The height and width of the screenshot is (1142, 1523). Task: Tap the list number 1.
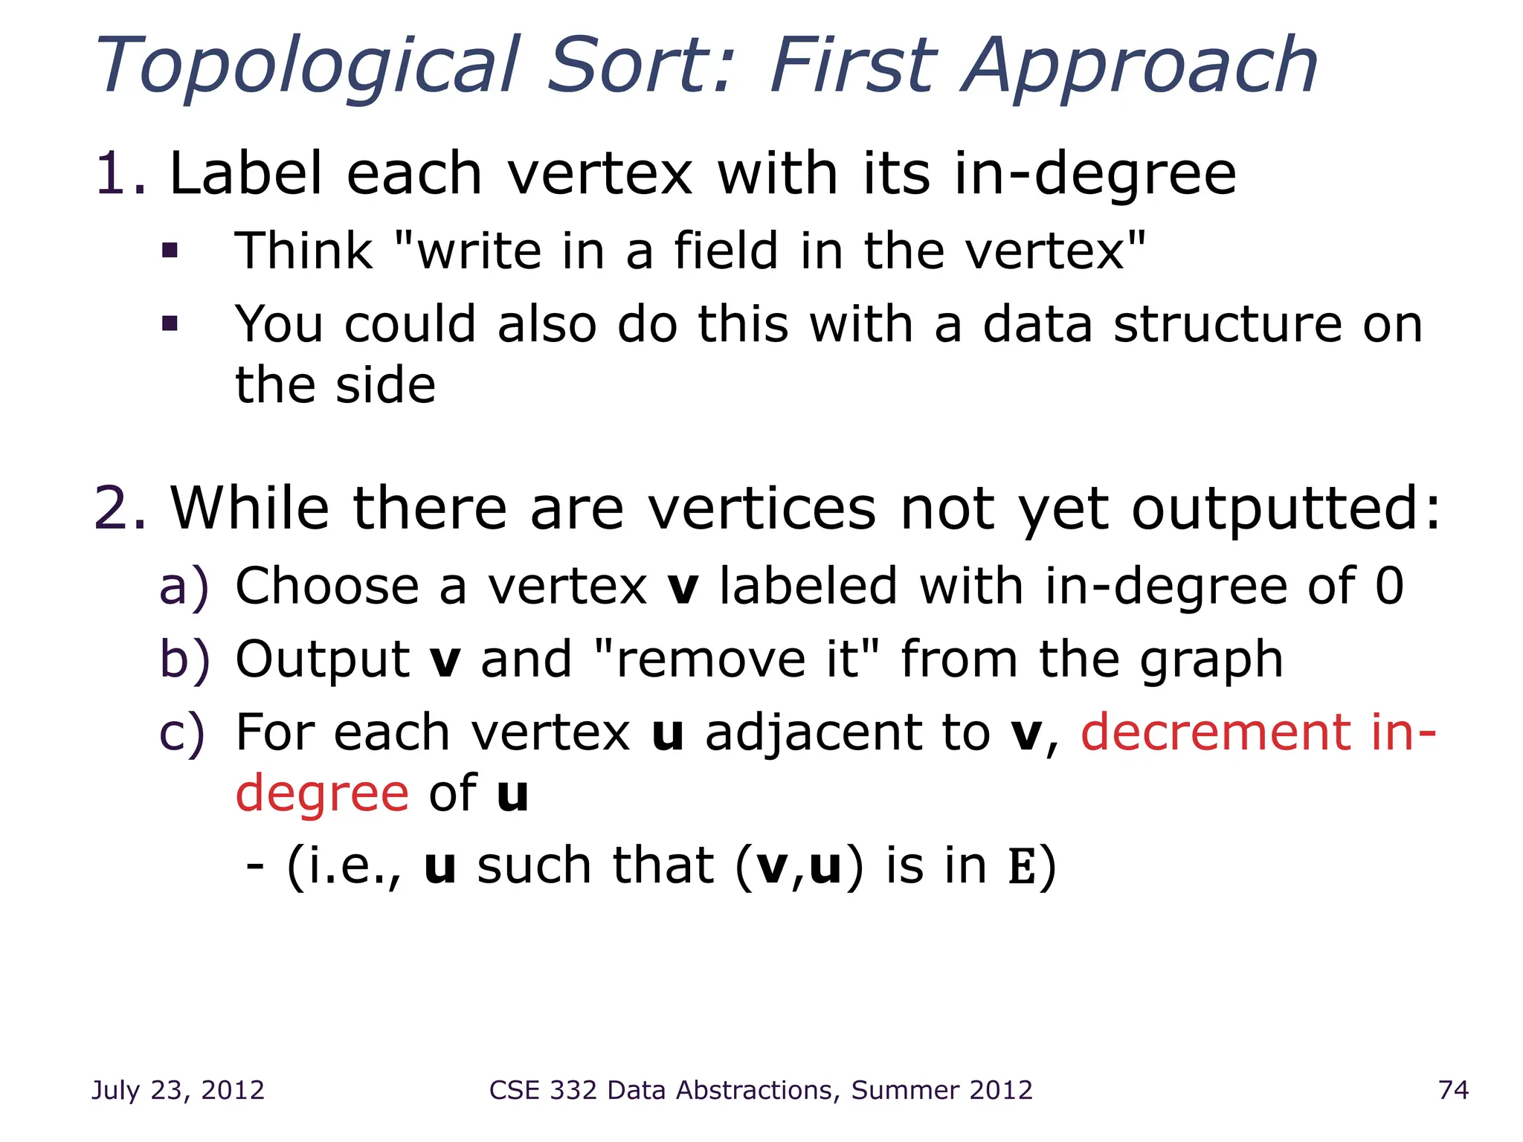pyautogui.click(x=119, y=174)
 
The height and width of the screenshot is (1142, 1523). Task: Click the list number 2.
pyautogui.click(x=119, y=509)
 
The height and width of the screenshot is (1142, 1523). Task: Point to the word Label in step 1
pyautogui.click(x=246, y=174)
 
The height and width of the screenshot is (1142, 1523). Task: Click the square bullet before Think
pyautogui.click(x=170, y=251)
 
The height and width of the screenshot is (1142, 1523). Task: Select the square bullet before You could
pyautogui.click(x=170, y=323)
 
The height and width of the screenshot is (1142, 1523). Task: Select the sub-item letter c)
pyautogui.click(x=182, y=733)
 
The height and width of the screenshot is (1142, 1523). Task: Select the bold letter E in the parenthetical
pyautogui.click(x=1022, y=867)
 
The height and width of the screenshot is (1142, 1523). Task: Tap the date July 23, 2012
pyautogui.click(x=178, y=1090)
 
